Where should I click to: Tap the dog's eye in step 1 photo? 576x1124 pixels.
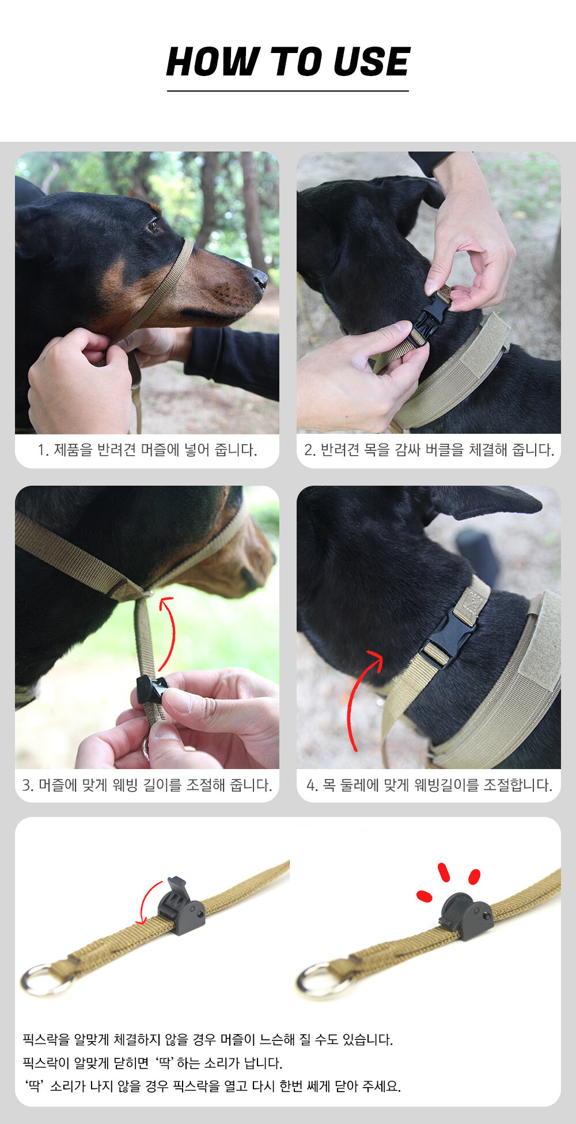[153, 226]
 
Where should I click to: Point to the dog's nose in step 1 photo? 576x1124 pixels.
[260, 280]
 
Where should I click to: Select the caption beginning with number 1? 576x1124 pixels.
[147, 449]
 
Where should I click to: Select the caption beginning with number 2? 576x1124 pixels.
[429, 449]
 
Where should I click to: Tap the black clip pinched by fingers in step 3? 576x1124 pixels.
[151, 688]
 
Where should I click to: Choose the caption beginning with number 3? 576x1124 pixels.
[147, 785]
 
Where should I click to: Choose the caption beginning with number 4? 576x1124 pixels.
[429, 785]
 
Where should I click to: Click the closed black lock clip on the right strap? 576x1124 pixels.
[466, 917]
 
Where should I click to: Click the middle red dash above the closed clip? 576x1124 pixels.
[444, 872]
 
